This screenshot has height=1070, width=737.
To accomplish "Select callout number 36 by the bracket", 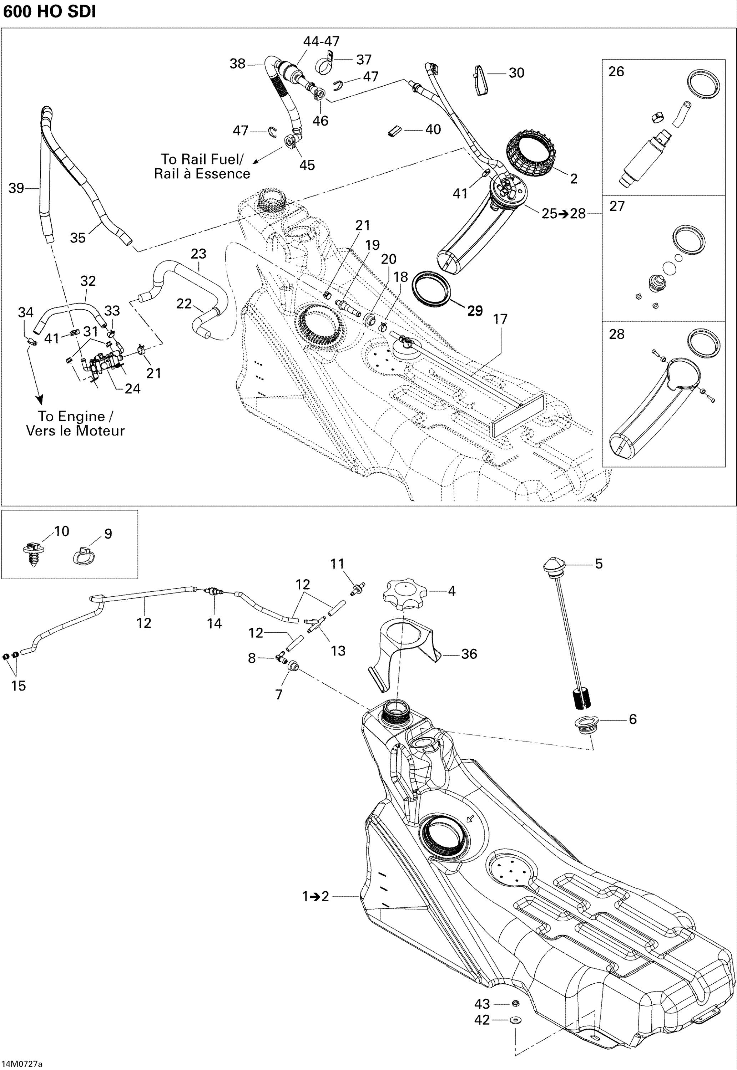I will pos(469,654).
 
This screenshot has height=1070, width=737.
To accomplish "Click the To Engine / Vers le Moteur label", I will pos(75,423).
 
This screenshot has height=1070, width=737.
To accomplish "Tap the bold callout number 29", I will pos(475,311).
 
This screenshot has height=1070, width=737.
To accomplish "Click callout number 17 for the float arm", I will pos(500,319).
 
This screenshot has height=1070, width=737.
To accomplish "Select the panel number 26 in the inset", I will pos(616,72).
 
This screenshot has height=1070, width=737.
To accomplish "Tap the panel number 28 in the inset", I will pos(616,334).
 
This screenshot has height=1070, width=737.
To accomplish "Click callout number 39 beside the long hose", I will pos(16,188).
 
